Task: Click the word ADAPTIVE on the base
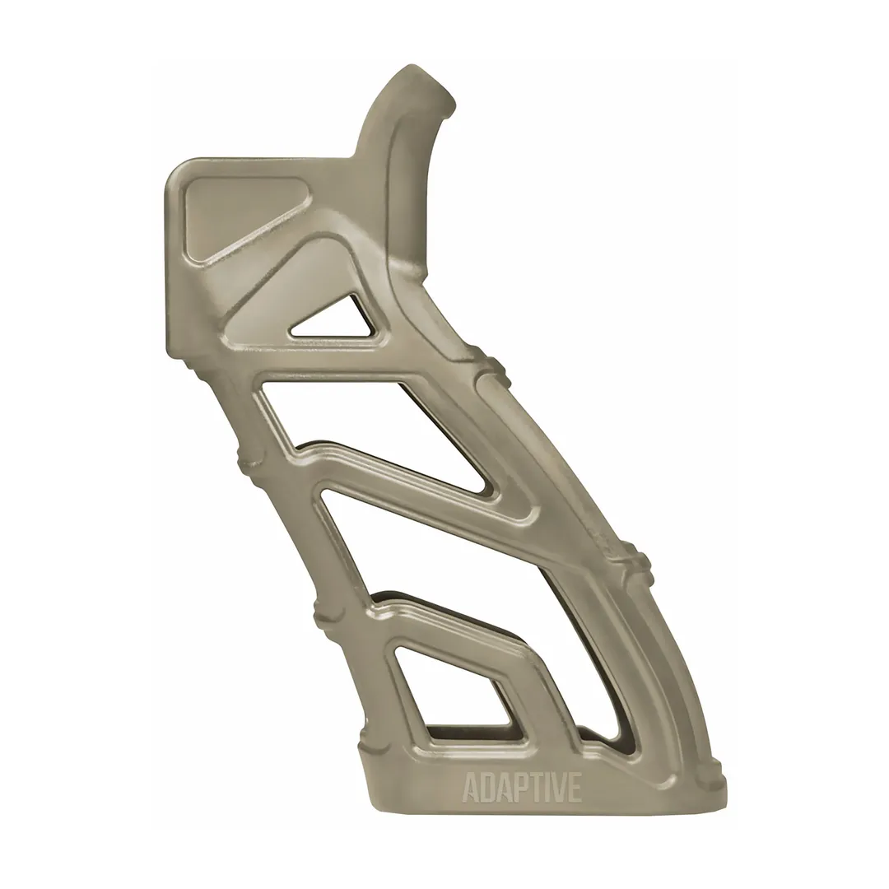[x=522, y=787]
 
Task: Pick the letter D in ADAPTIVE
[x=486, y=788]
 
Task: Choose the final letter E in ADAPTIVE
[x=574, y=788]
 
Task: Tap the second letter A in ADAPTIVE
[x=500, y=788]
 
